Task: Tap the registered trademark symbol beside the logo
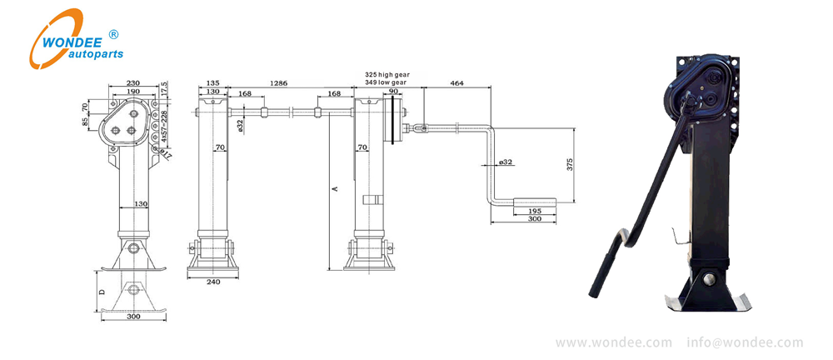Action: pyautogui.click(x=114, y=34)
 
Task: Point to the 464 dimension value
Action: pyautogui.click(x=456, y=83)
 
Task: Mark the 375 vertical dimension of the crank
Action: pyautogui.click(x=570, y=164)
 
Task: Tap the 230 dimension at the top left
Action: pyautogui.click(x=132, y=82)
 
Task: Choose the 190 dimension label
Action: pyautogui.click(x=132, y=92)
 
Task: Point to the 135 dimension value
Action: pyautogui.click(x=212, y=83)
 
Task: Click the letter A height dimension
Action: pyautogui.click(x=335, y=189)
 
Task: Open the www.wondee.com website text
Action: pyautogui.click(x=614, y=342)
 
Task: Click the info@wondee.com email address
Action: pyautogui.click(x=745, y=342)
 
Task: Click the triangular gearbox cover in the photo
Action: pyautogui.click(x=703, y=87)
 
